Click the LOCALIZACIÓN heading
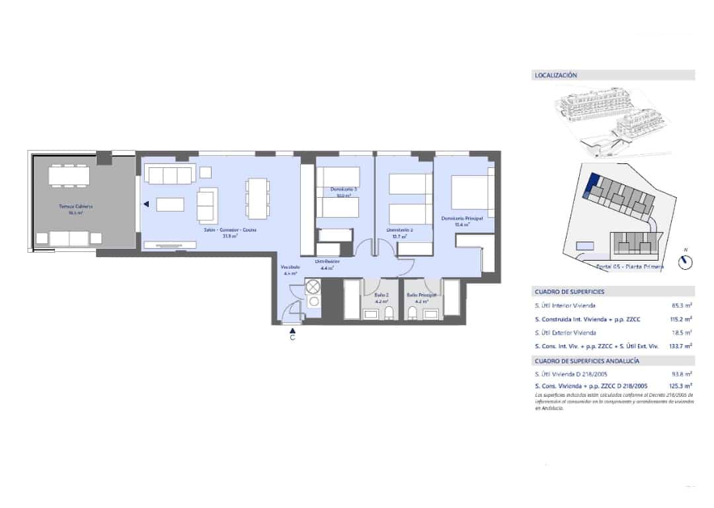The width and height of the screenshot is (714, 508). click(x=555, y=75)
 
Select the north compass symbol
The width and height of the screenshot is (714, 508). click(x=686, y=263)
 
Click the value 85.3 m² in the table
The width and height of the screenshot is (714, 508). click(x=681, y=306)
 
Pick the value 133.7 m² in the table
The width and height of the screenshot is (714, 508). click(x=680, y=346)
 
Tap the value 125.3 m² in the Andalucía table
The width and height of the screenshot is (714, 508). click(x=680, y=386)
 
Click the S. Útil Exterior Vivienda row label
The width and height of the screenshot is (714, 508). click(x=565, y=333)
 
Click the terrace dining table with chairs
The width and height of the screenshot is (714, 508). click(x=69, y=175)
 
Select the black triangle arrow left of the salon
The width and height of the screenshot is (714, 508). click(x=146, y=205)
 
